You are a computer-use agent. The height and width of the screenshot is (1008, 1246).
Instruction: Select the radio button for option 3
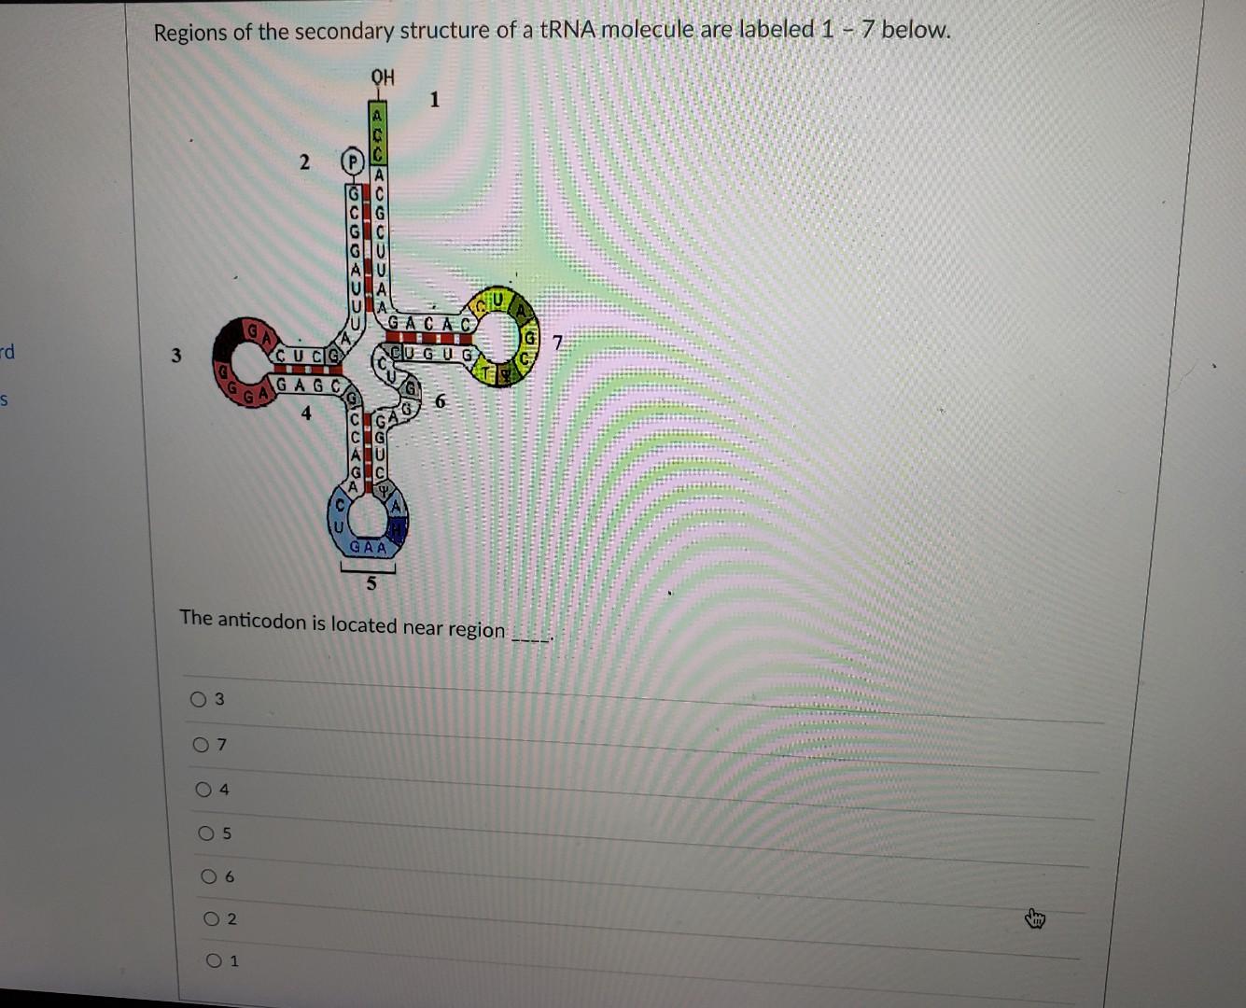[198, 698]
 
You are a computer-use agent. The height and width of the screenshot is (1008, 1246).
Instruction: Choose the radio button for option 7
[201, 744]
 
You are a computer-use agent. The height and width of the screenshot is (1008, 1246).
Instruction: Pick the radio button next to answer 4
[203, 790]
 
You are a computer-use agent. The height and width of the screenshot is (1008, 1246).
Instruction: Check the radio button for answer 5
[206, 833]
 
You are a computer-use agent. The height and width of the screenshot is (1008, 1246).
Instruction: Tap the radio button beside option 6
[209, 876]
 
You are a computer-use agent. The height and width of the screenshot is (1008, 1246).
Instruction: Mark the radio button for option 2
[212, 919]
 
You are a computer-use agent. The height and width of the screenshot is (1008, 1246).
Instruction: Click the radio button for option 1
[215, 959]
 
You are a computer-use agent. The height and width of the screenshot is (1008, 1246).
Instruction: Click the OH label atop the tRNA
[383, 77]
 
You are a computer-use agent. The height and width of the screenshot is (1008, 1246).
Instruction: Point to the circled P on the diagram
[352, 161]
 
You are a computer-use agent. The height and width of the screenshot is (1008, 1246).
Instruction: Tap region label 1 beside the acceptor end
[434, 99]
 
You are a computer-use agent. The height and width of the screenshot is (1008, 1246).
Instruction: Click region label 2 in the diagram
[304, 161]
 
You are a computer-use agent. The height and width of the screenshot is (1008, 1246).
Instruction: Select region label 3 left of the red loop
[176, 355]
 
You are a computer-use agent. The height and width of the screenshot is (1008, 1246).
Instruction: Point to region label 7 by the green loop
[558, 343]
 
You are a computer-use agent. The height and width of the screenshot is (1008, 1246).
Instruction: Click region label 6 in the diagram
[441, 401]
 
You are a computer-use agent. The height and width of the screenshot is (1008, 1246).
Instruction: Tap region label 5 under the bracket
[371, 584]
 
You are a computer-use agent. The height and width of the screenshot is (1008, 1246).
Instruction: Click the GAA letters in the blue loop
[368, 547]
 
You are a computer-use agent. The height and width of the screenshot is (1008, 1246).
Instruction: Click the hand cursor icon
[1035, 919]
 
